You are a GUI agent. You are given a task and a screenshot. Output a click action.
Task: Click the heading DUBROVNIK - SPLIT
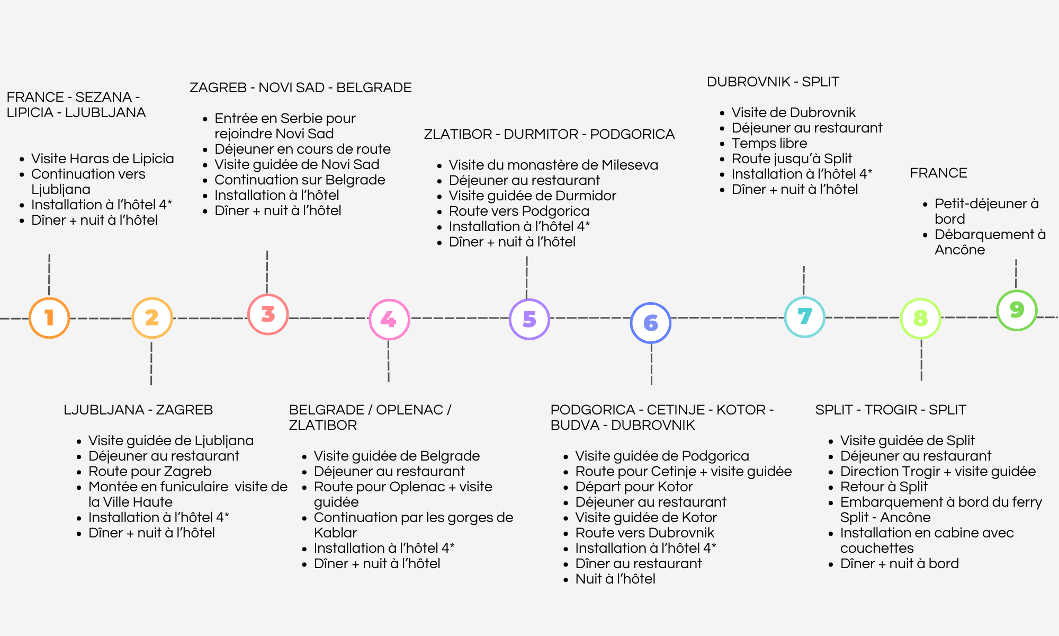pos(773,82)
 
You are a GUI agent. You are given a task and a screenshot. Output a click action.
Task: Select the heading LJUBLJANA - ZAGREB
pos(138,410)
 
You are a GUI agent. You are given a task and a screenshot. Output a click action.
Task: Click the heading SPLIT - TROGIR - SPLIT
pos(891,410)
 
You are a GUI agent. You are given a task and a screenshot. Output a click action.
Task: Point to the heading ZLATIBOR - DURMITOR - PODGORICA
pos(549,134)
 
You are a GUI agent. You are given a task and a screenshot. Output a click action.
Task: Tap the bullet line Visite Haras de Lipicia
pos(103,158)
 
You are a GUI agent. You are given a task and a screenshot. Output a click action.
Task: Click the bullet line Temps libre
pos(769,143)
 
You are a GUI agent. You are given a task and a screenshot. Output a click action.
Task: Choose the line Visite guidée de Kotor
pos(646,517)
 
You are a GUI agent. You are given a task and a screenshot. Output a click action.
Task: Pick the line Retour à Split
pos(884,487)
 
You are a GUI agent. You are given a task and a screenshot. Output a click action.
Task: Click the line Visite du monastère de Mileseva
pos(553,165)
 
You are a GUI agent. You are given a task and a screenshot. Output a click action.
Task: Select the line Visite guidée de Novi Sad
pos(297,164)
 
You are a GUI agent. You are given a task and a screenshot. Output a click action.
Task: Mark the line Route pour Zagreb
pos(150,471)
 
